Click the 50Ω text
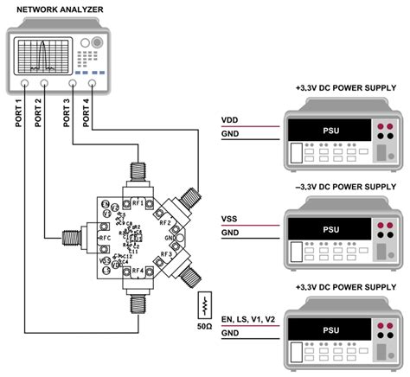205,328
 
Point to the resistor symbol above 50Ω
205,305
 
